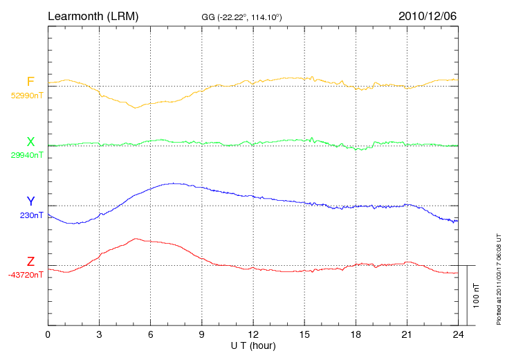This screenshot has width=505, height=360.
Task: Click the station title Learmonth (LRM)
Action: (x=93, y=15)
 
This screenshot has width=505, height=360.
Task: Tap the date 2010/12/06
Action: (x=427, y=15)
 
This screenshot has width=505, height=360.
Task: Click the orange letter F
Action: (x=30, y=82)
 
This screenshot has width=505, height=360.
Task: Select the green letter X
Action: (x=30, y=142)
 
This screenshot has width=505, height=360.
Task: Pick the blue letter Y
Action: (x=30, y=201)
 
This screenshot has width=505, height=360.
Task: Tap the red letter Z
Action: (x=30, y=262)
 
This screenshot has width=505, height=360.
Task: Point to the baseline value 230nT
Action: (x=32, y=215)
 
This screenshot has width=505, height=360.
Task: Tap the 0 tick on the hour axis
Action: (x=48, y=335)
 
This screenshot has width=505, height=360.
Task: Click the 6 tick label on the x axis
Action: (x=151, y=335)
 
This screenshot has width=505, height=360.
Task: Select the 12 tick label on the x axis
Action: (x=253, y=335)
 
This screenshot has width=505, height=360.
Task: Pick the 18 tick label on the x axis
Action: (x=356, y=335)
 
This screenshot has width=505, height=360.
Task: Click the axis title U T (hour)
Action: (x=253, y=345)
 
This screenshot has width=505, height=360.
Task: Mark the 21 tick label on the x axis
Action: (x=407, y=335)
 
